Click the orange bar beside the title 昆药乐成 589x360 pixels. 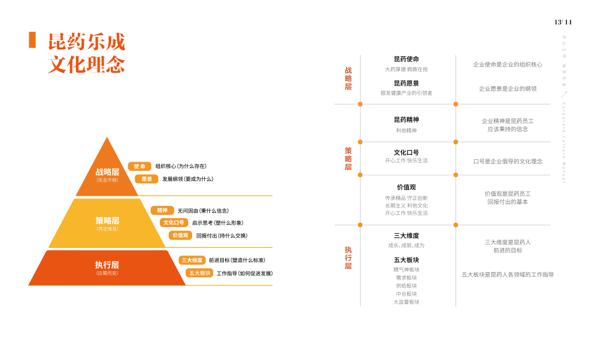coord(32,40)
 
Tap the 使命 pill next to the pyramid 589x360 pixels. coord(140,166)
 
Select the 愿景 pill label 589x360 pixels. coord(147,179)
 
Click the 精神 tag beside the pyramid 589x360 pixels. coord(162,210)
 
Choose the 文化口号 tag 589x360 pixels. coord(174,223)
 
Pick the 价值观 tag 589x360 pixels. coord(181,235)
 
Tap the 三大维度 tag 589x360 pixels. coord(192,260)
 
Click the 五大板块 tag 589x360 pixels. coord(200,273)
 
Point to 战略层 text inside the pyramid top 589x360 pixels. coord(107,172)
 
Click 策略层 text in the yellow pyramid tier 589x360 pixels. coord(107,220)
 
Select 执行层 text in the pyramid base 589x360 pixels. coord(107,265)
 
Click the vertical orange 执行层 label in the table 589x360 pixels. coord(348,258)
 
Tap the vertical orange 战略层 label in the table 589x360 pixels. coord(348,78)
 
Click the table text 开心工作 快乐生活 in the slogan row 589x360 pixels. coord(406,160)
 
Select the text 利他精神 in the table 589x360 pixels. coord(406,131)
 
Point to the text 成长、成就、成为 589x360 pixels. coord(406,246)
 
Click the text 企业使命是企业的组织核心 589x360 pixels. coord(507,64)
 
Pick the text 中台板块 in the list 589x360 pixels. coord(406,294)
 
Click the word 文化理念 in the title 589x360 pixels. coord(86,64)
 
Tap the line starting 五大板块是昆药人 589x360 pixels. coord(507,275)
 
